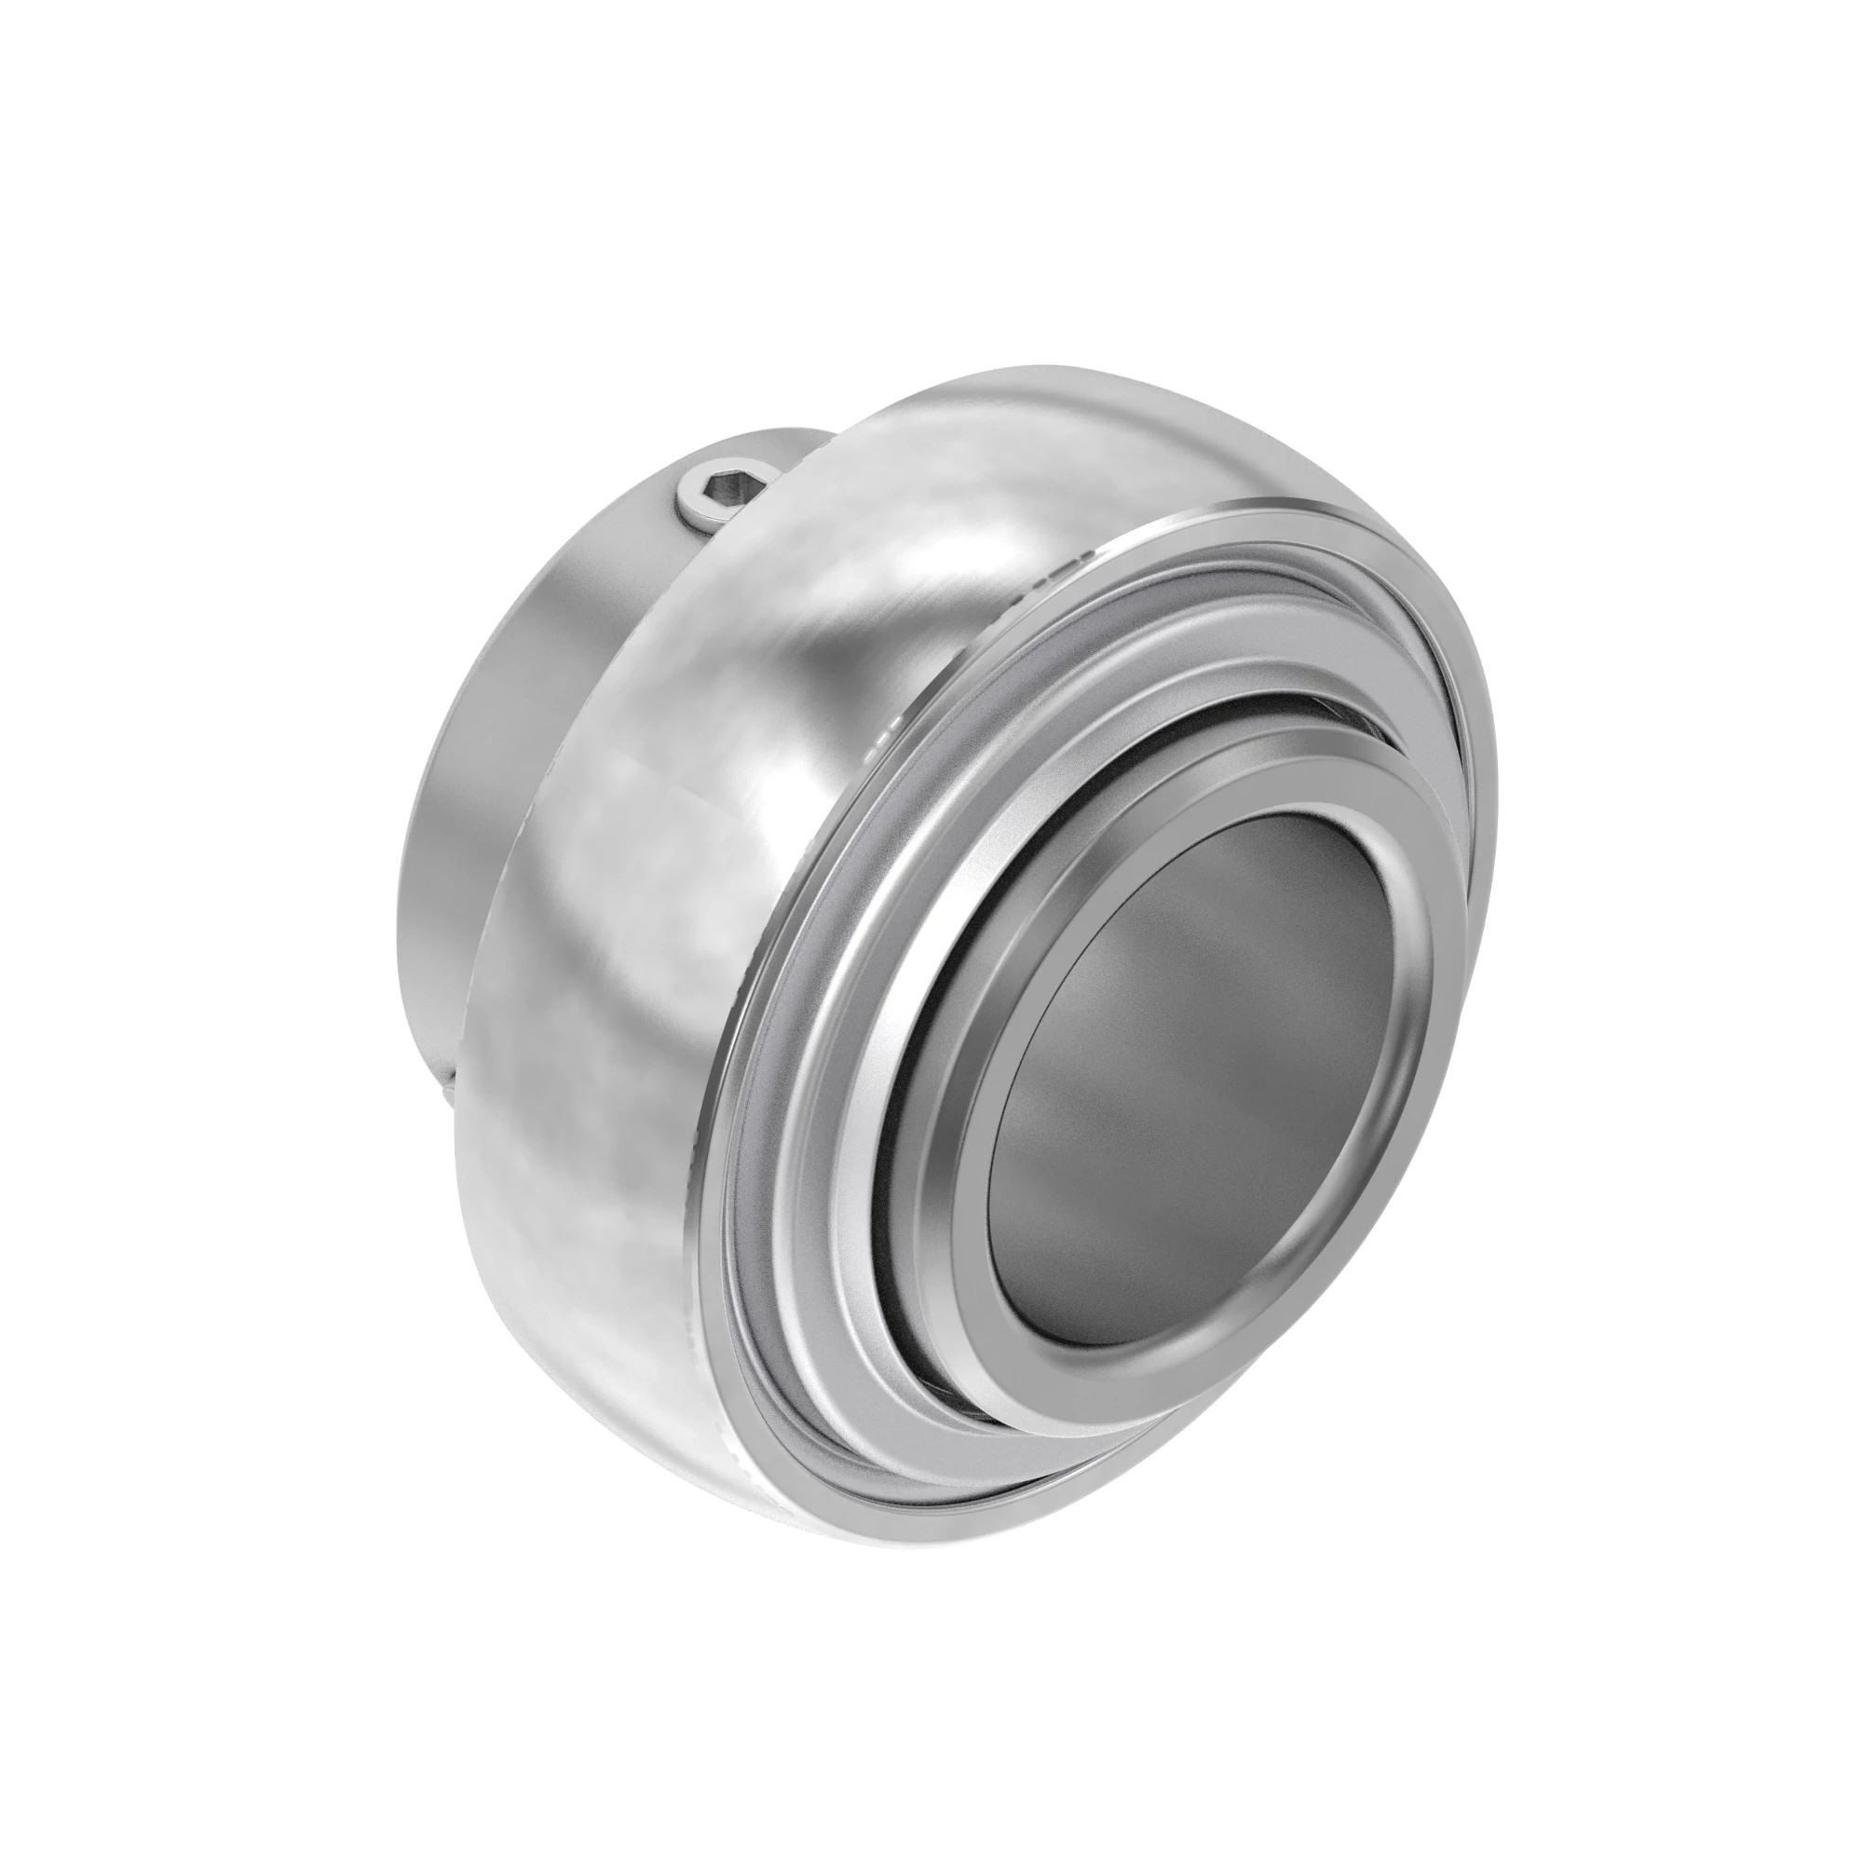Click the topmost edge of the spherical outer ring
point(1041,368)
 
